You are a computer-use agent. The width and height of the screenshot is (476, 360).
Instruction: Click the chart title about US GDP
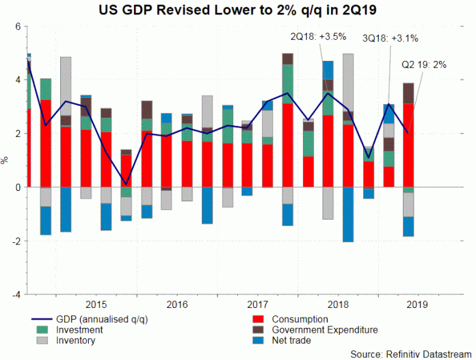click(238, 10)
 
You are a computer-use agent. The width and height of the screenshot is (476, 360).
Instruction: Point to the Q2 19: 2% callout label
click(425, 65)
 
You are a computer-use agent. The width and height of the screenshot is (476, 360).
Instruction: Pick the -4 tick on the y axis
click(15, 294)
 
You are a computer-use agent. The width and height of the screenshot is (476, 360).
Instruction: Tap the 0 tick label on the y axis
click(17, 187)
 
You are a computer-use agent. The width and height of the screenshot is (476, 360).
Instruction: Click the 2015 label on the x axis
click(95, 304)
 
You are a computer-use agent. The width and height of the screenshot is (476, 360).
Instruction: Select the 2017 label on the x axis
click(256, 304)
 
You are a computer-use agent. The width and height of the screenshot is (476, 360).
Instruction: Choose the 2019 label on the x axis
click(418, 304)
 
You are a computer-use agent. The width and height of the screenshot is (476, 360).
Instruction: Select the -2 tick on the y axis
click(15, 241)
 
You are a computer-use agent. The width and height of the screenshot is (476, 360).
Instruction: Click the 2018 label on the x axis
click(337, 304)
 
